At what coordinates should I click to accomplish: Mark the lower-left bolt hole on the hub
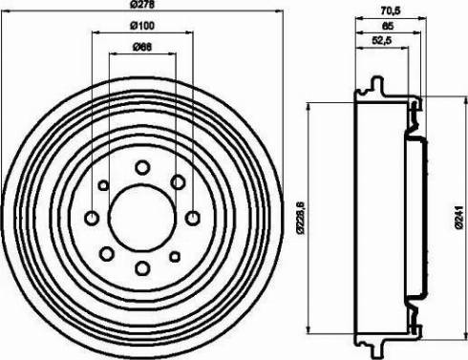(x=106, y=253)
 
